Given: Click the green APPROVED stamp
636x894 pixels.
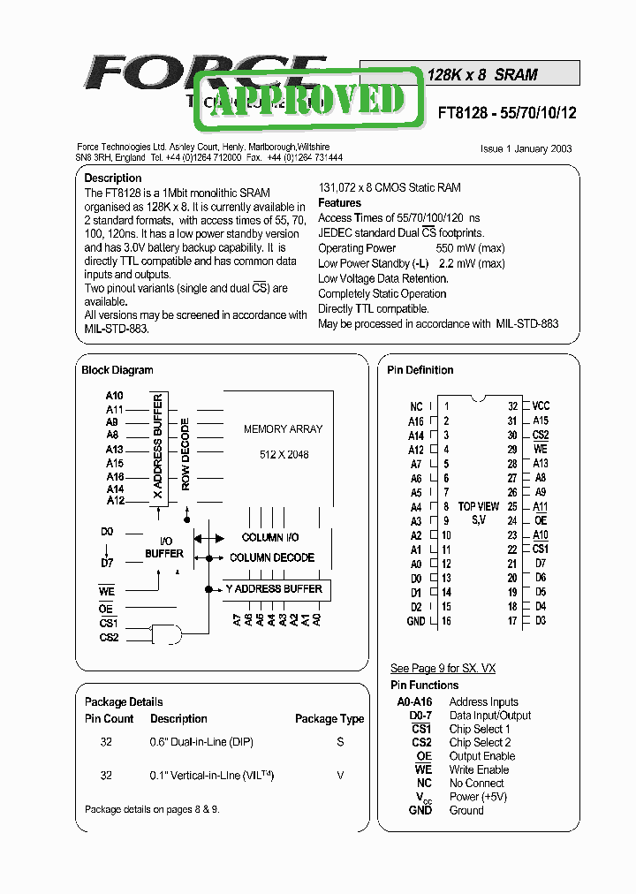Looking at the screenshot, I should pyautogui.click(x=307, y=99).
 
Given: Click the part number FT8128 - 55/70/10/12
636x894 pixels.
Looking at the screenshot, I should pyautogui.click(x=506, y=113).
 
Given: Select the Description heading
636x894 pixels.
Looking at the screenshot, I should pyautogui.click(x=113, y=178).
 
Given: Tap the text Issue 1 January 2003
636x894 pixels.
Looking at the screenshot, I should pyautogui.click(x=526, y=148).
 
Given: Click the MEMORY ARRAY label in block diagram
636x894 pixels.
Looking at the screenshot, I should pyautogui.click(x=283, y=429).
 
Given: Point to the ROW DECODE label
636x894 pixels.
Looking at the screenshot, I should pyautogui.click(x=185, y=454).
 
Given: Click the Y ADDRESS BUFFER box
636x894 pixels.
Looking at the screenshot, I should pyautogui.click(x=274, y=589).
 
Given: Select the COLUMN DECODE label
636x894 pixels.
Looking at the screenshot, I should pyautogui.click(x=271, y=558).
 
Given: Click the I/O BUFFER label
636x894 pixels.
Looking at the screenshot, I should pyautogui.click(x=164, y=547).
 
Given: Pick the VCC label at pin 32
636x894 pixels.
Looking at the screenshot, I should pyautogui.click(x=541, y=406).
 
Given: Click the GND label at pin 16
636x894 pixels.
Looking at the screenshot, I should pyautogui.click(x=415, y=622).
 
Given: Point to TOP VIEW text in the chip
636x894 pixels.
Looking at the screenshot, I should pyautogui.click(x=479, y=507).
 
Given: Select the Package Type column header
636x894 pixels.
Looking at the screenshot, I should pyautogui.click(x=329, y=719).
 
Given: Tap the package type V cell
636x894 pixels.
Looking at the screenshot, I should pyautogui.click(x=340, y=775).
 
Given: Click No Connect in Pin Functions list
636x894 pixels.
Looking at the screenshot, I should pyautogui.click(x=476, y=784).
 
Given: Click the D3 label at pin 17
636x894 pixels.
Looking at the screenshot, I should pyautogui.click(x=541, y=622).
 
